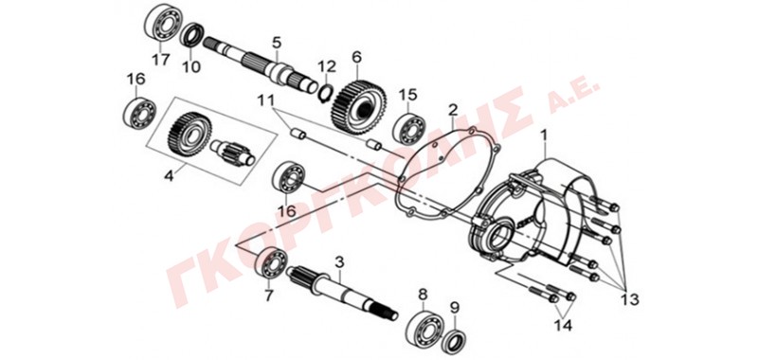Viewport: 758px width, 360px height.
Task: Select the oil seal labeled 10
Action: [193, 35]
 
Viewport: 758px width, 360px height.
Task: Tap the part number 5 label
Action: [276, 42]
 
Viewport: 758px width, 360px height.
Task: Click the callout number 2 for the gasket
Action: [453, 110]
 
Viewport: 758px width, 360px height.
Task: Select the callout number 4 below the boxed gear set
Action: [169, 176]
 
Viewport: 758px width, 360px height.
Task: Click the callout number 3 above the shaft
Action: [339, 262]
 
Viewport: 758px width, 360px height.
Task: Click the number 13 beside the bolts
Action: [628, 299]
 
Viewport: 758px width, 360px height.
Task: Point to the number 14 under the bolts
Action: [562, 326]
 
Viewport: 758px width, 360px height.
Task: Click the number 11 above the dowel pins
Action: [265, 101]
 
